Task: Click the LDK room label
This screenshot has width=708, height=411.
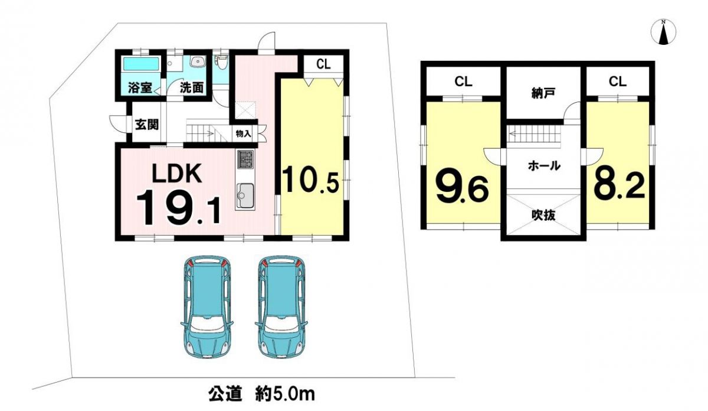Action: (x=178, y=175)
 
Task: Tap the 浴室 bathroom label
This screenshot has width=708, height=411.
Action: (x=140, y=87)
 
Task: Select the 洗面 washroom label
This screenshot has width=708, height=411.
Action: (x=192, y=87)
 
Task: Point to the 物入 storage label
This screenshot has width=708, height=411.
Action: (x=243, y=134)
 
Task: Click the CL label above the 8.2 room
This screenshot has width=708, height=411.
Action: (x=617, y=81)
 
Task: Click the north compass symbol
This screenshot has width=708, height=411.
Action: (x=664, y=32)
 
